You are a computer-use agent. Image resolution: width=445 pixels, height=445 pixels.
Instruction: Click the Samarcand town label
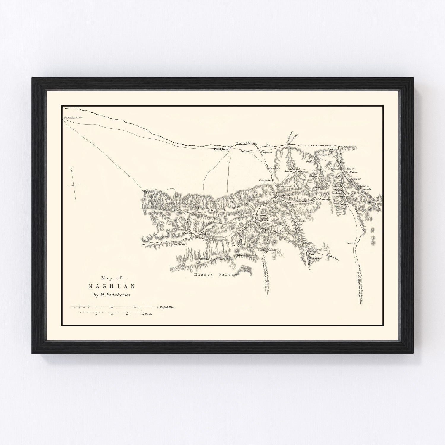[x=73, y=118]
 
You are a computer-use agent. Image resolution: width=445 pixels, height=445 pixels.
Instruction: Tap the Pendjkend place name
[x=222, y=150]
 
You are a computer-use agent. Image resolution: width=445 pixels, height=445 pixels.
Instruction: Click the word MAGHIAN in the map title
[x=112, y=287]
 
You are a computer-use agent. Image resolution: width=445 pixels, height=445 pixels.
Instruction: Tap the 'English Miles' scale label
[x=167, y=307]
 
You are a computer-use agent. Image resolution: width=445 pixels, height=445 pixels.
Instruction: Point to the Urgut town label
[x=148, y=192]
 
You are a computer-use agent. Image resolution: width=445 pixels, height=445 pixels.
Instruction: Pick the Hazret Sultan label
[x=215, y=275]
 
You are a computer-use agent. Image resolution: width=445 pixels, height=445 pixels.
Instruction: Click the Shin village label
[x=302, y=221]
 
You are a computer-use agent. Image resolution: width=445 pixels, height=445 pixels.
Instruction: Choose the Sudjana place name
[x=266, y=152]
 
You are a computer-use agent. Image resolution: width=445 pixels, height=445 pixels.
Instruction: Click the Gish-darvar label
[x=323, y=200]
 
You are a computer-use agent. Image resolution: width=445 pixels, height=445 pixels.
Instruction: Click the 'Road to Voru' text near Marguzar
[x=333, y=257]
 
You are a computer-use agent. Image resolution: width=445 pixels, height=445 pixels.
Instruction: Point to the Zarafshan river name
[x=246, y=144]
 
